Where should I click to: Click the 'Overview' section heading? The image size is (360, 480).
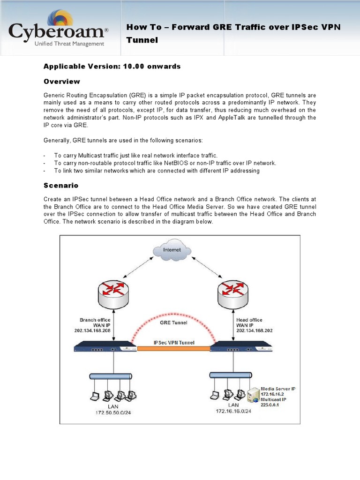click(x=61, y=82)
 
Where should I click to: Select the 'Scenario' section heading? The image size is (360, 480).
click(x=61, y=185)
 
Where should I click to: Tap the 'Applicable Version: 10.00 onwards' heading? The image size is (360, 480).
click(x=112, y=66)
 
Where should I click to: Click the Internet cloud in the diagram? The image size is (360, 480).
click(x=172, y=250)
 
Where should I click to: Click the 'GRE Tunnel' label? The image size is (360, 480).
click(x=173, y=322)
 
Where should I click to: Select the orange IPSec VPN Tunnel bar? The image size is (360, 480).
click(x=173, y=348)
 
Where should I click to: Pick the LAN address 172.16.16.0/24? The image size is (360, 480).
click(x=233, y=411)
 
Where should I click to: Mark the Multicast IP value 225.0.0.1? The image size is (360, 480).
click(x=270, y=405)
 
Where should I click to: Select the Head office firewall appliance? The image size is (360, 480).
click(x=240, y=347)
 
